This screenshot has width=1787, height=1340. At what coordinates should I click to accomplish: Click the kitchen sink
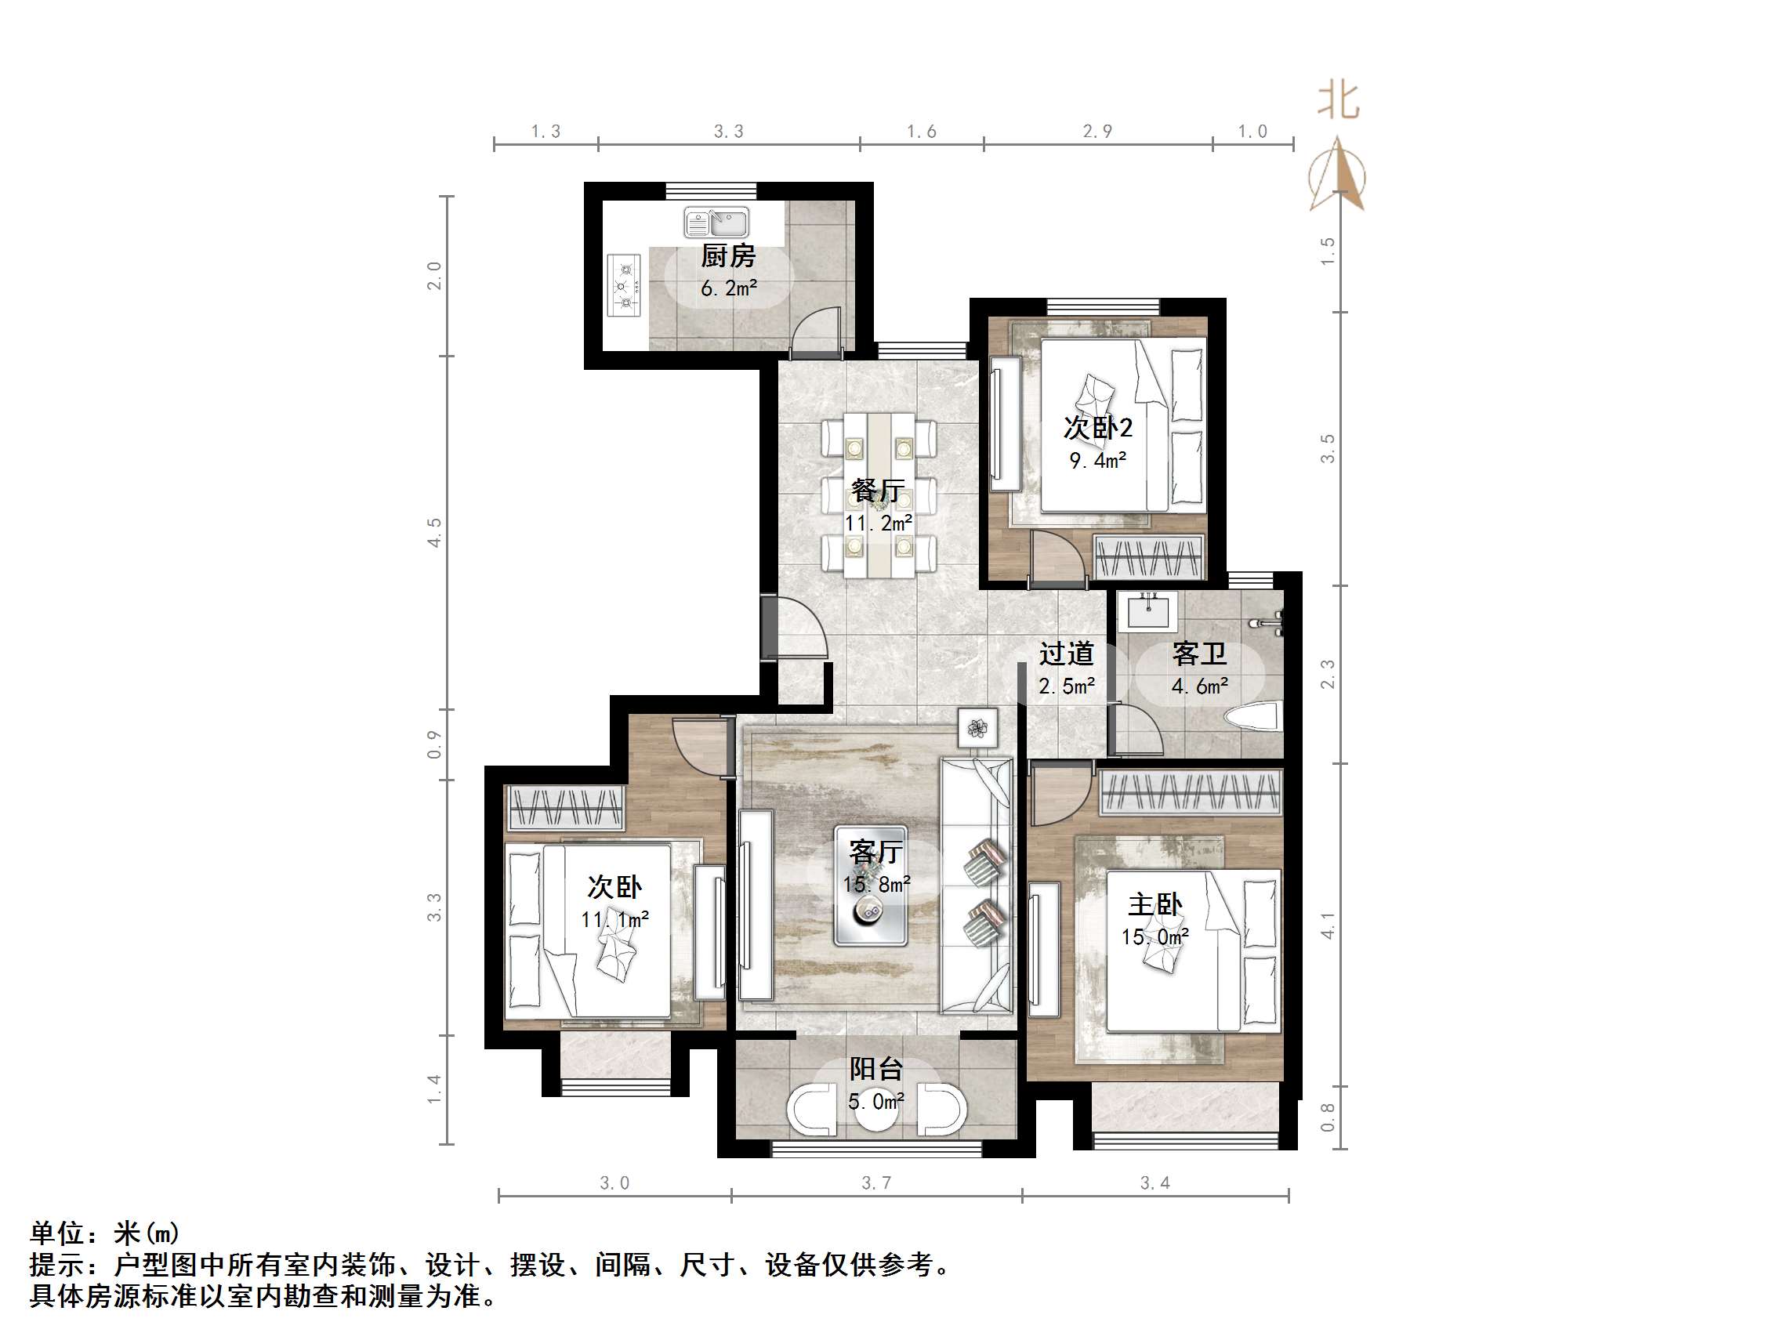click(716, 222)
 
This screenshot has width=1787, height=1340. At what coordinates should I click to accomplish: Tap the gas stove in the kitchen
click(623, 286)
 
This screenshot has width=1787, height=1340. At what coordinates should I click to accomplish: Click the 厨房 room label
click(728, 256)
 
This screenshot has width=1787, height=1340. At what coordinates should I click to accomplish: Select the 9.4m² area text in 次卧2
click(1097, 461)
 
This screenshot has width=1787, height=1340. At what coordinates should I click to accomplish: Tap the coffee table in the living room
click(870, 885)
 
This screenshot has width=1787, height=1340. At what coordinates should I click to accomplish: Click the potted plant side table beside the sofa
click(977, 728)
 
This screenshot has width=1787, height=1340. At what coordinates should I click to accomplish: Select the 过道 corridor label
click(1067, 654)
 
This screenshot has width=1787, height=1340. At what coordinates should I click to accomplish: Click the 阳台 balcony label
click(875, 1069)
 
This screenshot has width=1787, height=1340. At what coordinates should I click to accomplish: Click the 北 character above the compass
click(1338, 101)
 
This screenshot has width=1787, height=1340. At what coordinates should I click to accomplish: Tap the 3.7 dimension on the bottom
click(875, 1183)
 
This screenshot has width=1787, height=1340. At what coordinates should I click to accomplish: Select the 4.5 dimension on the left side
click(435, 532)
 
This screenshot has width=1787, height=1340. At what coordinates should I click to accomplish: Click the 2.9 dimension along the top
click(1097, 132)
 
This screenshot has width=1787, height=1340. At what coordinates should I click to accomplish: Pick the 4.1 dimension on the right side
click(1328, 925)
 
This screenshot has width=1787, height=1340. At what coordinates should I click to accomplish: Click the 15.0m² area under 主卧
click(1154, 937)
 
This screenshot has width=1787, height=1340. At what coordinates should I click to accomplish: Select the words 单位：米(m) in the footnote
click(105, 1233)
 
